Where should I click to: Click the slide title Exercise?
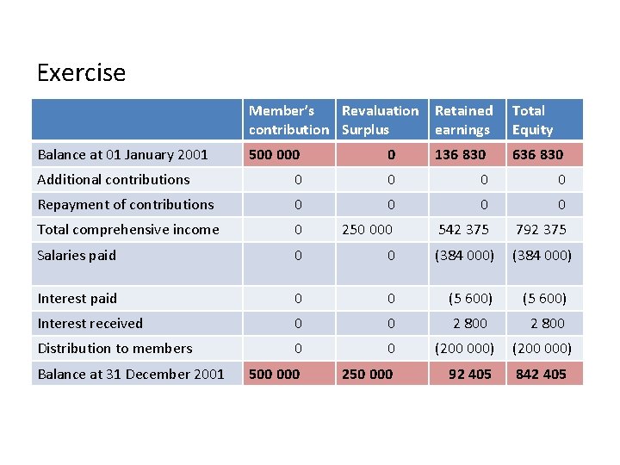[x=81, y=72]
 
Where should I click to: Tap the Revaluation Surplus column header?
[x=380, y=120]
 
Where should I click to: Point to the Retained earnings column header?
[x=463, y=120]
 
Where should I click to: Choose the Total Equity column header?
[x=532, y=120]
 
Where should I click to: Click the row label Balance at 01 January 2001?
[x=122, y=155]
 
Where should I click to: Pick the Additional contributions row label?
[x=114, y=179]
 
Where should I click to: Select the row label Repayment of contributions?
[x=126, y=204]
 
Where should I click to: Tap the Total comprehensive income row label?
[x=128, y=229]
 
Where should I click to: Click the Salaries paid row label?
[x=77, y=255]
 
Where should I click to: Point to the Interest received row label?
[x=90, y=323]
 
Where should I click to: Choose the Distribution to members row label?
[x=115, y=348]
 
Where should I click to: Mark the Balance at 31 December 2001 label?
[x=131, y=374]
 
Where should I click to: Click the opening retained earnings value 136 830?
[x=460, y=155]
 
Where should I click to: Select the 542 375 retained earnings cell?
[x=464, y=229]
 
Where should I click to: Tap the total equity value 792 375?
[x=541, y=229]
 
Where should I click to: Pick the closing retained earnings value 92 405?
[x=469, y=374]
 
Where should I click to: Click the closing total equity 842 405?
[x=541, y=374]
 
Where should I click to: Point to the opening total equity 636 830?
[x=537, y=155]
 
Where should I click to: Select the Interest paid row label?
[x=77, y=298]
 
